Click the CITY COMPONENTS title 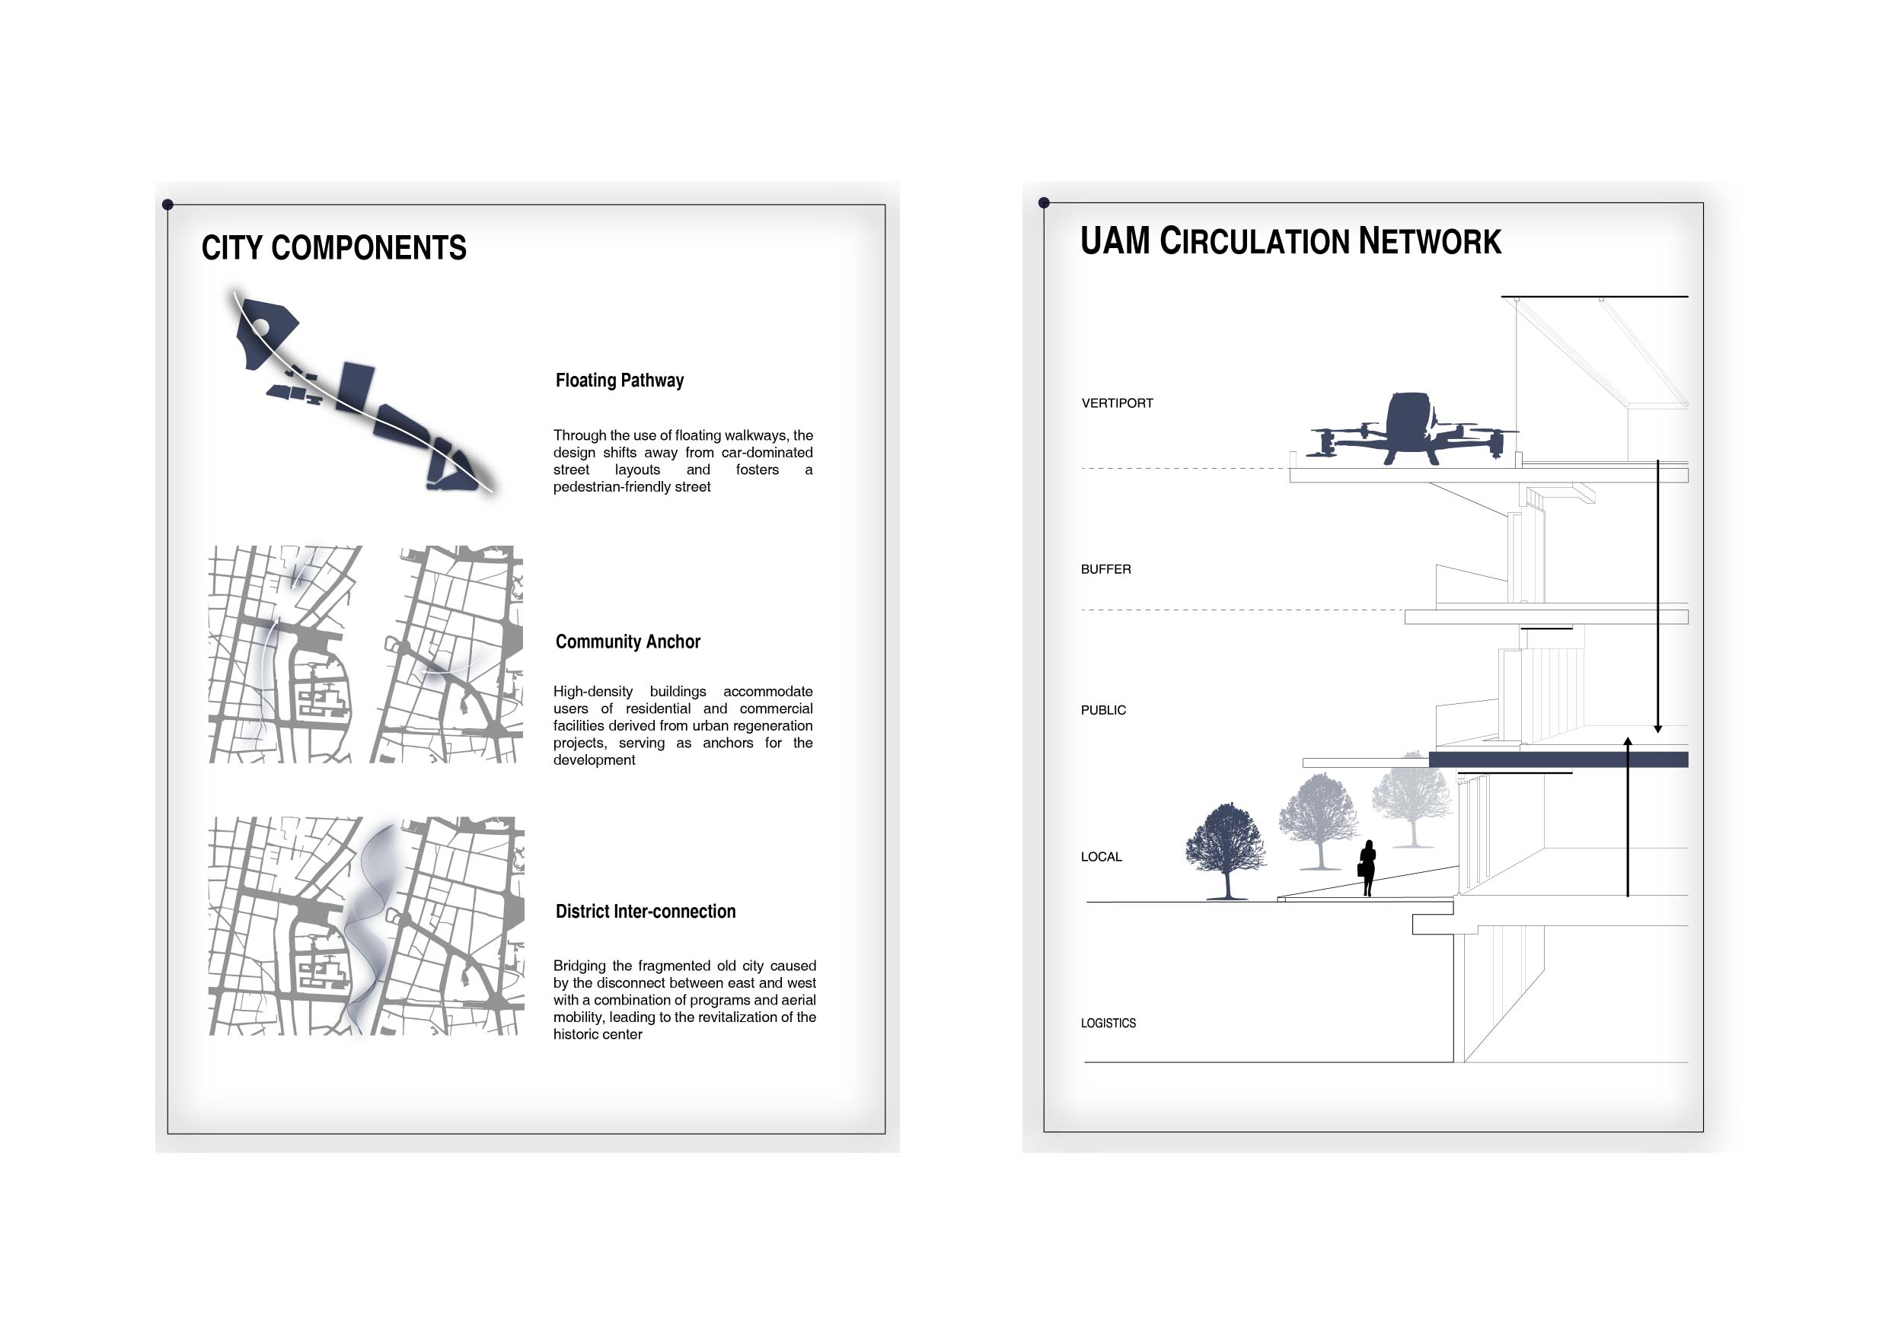pyautogui.click(x=333, y=247)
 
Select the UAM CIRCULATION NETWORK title pyautogui.click(x=1290, y=240)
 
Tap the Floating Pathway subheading pyautogui.click(x=620, y=380)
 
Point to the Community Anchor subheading pyautogui.click(x=628, y=642)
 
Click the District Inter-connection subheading pyautogui.click(x=646, y=911)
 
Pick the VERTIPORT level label pyautogui.click(x=1117, y=403)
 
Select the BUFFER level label pyautogui.click(x=1105, y=569)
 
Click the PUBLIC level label pyautogui.click(x=1103, y=710)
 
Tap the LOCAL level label pyautogui.click(x=1101, y=857)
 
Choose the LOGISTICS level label pyautogui.click(x=1108, y=1023)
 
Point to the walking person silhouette pyautogui.click(x=1367, y=868)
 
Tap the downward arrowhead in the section pyautogui.click(x=1657, y=728)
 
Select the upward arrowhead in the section pyautogui.click(x=1627, y=743)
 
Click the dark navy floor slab pyautogui.click(x=1558, y=759)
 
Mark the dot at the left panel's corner pyautogui.click(x=167, y=205)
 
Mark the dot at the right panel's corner pyautogui.click(x=1044, y=202)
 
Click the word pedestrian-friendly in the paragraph pyautogui.click(x=609, y=487)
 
